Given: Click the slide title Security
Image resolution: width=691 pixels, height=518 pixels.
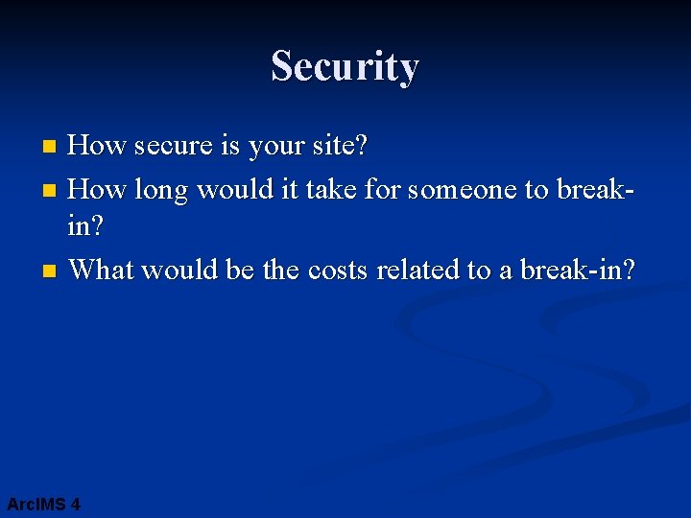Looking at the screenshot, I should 345,67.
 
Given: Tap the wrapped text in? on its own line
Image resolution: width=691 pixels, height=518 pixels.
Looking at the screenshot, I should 86,229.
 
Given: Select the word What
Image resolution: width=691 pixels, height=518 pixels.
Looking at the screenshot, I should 102,270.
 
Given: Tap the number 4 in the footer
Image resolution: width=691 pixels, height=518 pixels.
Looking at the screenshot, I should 76,504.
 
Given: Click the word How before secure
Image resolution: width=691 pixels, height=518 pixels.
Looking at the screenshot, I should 99,147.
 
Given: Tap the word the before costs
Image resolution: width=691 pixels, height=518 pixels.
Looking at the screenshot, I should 281,270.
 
